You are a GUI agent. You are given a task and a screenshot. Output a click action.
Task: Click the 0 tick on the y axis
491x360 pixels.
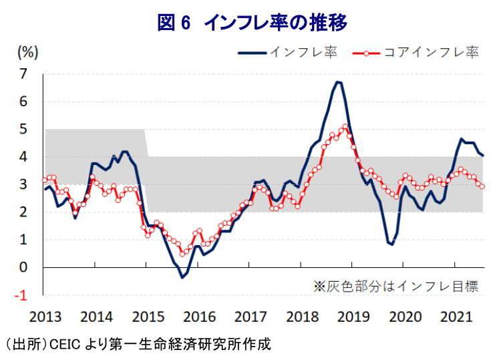pos(25,268)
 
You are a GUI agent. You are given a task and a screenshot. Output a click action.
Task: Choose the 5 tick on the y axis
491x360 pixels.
pos(25,129)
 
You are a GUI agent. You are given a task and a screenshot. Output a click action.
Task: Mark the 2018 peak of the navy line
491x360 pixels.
pos(338,82)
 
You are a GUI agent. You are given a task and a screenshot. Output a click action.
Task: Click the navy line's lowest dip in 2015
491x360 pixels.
pos(182,277)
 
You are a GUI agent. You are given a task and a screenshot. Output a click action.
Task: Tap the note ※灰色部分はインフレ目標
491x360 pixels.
pos(395,286)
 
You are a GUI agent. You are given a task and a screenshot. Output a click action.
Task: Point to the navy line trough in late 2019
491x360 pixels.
pos(391,244)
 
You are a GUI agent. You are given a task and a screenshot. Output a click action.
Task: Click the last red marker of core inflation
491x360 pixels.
pos(482,186)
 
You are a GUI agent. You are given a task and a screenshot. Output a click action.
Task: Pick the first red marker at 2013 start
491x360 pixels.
pos(44,180)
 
